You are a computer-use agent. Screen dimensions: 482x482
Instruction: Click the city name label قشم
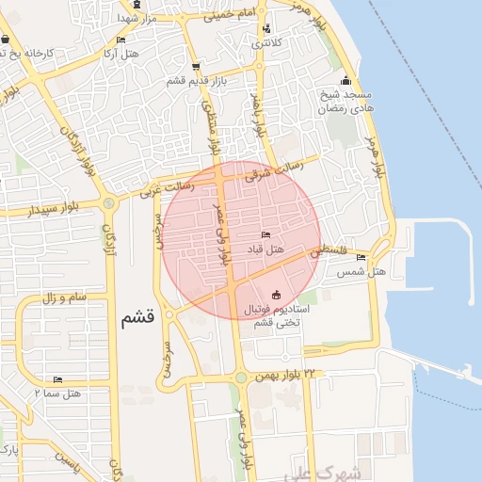click(x=137, y=317)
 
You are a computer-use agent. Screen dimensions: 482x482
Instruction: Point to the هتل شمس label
click(x=361, y=272)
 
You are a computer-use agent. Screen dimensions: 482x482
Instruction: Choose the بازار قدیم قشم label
click(x=194, y=82)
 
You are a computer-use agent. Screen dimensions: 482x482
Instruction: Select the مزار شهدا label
click(x=137, y=18)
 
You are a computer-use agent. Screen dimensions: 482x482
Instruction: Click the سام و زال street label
click(x=66, y=297)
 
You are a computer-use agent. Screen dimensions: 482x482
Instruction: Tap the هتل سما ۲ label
click(x=58, y=394)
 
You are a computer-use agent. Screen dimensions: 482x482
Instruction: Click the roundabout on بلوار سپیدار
click(x=109, y=202)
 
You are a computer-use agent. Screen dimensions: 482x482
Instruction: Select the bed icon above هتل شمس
click(x=361, y=257)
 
